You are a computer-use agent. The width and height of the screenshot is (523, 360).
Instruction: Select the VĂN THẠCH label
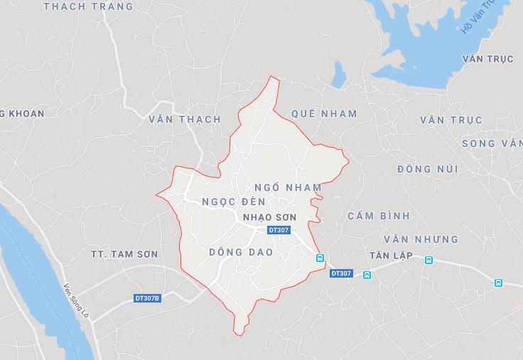pyautogui.click(x=185, y=119)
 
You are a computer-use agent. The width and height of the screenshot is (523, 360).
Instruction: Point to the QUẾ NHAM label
pyautogui.click(x=324, y=114)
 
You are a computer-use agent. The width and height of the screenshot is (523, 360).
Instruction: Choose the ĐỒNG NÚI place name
pyautogui.click(x=427, y=169)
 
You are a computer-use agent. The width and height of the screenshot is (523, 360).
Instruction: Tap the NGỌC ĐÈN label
pyautogui.click(x=229, y=201)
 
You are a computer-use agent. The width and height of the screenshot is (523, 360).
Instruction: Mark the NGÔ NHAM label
pyautogui.click(x=288, y=187)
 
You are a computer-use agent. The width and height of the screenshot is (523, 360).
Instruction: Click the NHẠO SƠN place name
pyautogui.click(x=269, y=217)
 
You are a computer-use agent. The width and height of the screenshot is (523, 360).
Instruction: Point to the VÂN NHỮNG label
pyautogui.click(x=421, y=239)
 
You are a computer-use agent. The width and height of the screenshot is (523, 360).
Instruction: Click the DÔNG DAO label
pyautogui.click(x=242, y=252)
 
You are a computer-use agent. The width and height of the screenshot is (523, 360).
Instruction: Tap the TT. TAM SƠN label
pyautogui.click(x=124, y=254)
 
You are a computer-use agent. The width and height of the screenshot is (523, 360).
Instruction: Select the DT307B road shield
pyautogui.click(x=148, y=298)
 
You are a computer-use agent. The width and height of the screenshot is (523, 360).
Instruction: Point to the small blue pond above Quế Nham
pyautogui.click(x=339, y=73)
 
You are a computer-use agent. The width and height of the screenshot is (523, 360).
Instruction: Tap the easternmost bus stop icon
pyautogui.click(x=498, y=283)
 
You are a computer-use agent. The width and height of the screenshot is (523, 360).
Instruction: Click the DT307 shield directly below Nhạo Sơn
pyautogui.click(x=279, y=230)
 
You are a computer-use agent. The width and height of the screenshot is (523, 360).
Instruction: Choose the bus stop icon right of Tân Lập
pyautogui.click(x=428, y=260)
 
